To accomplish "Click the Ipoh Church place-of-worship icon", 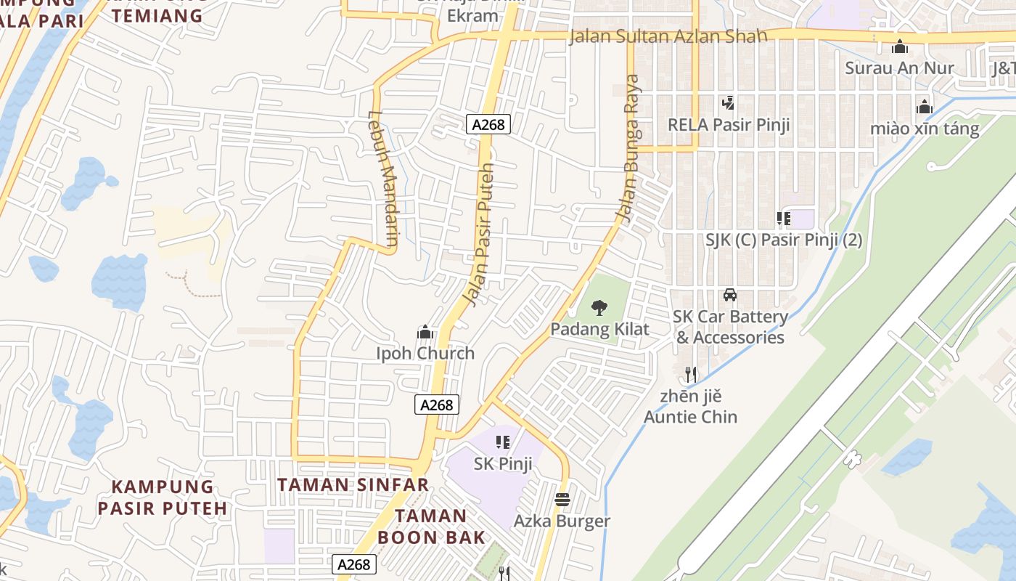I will tap(425, 333).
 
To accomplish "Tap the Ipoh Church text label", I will tap(425, 354).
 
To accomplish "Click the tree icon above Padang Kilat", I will tap(599, 308).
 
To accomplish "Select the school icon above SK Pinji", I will tap(502, 442).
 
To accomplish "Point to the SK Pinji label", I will tap(503, 463).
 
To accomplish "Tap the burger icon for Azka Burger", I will tap(562, 500).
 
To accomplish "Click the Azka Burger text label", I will tap(562, 521).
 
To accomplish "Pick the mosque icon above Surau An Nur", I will tap(900, 47).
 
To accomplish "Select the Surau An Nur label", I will tap(899, 69).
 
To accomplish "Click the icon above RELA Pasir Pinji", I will tap(728, 102).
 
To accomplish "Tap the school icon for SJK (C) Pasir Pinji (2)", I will tap(783, 218).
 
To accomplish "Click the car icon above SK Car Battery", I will tap(730, 295).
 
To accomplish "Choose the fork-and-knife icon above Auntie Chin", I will tap(691, 375).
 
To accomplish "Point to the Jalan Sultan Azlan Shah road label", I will tap(668, 36).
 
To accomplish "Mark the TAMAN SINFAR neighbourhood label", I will tap(353, 484).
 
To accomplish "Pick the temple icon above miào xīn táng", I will tap(924, 107).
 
